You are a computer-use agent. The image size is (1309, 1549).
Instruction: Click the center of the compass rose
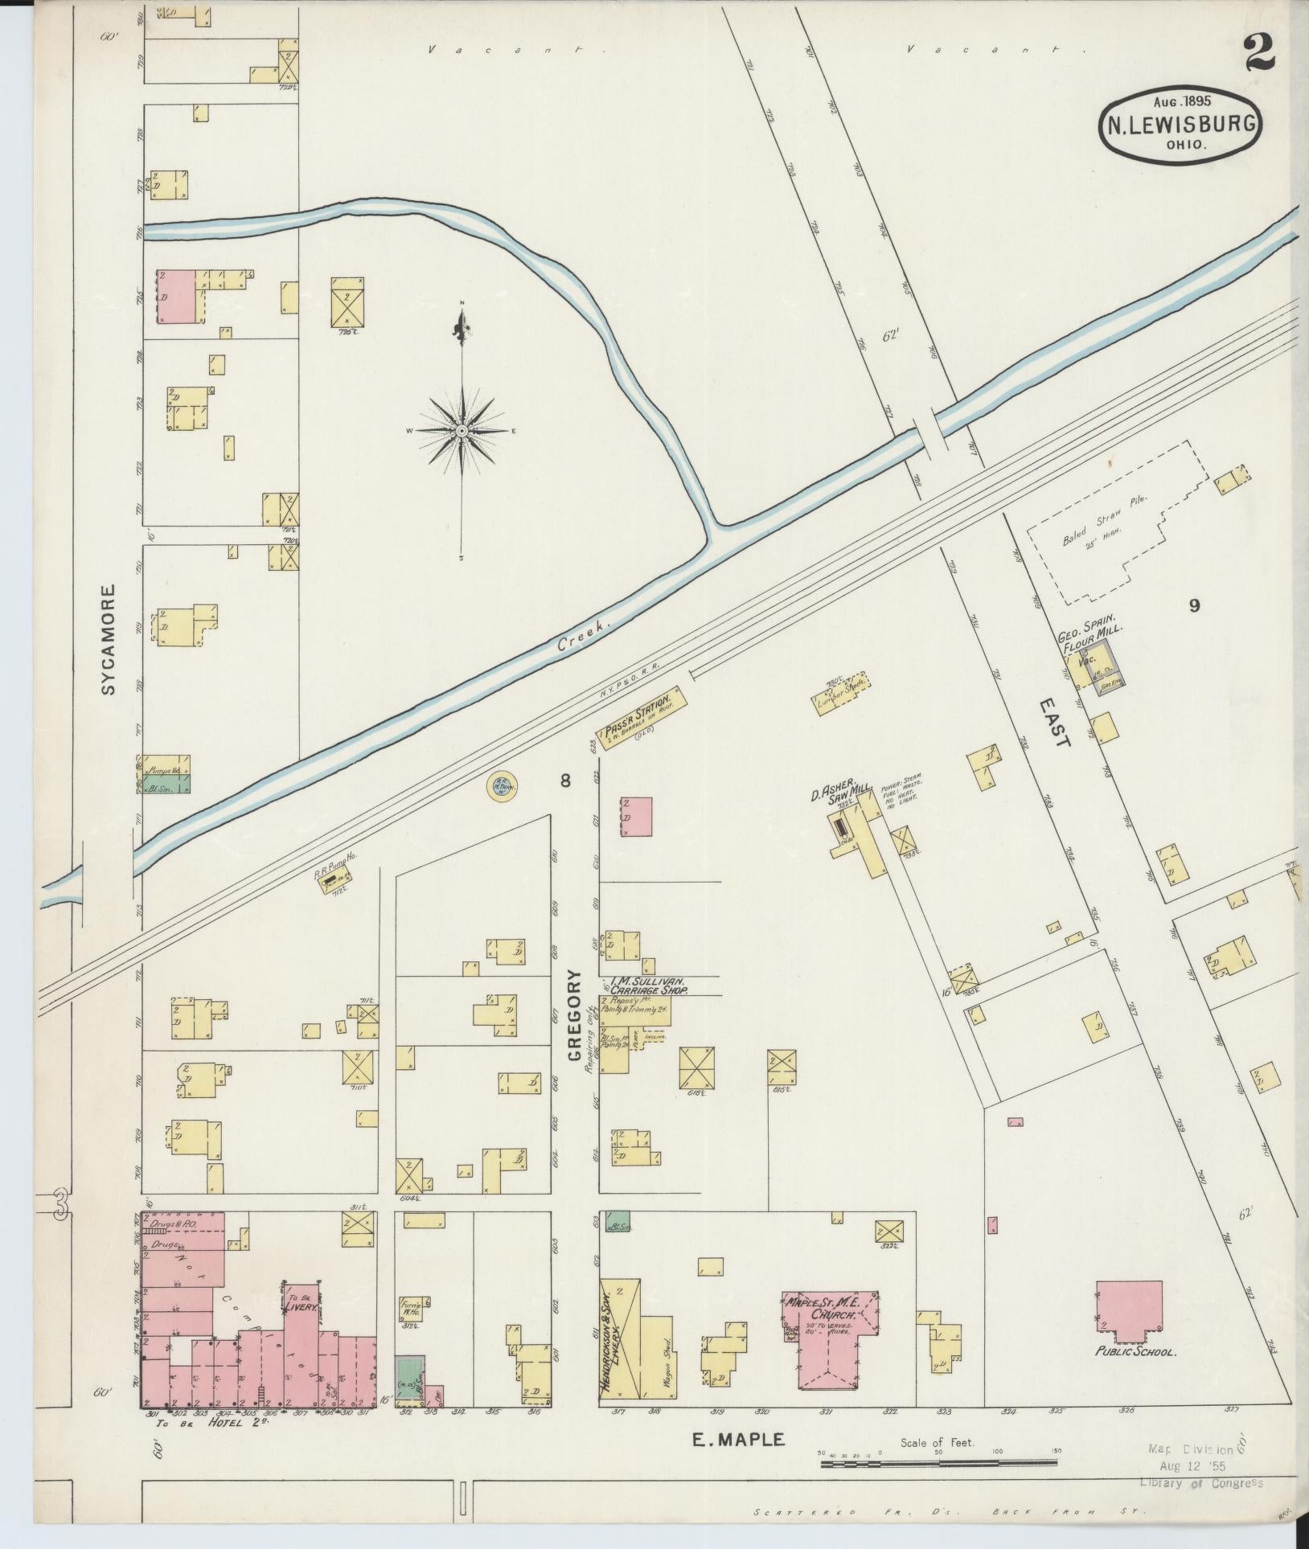pos(462,432)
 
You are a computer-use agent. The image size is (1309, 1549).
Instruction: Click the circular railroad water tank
pos(499,785)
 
